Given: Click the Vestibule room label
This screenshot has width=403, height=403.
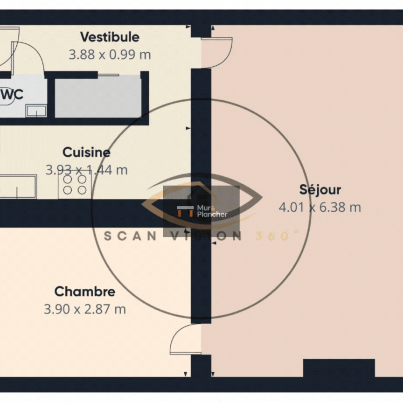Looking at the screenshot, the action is coord(110,37).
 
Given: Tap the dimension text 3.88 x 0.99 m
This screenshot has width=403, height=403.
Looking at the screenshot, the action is coord(110,55).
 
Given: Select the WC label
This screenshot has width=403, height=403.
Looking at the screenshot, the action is coord(12,94).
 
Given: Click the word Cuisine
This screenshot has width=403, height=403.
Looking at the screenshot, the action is coord(86,152).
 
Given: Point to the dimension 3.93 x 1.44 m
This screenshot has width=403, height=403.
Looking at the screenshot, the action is coord(86,170).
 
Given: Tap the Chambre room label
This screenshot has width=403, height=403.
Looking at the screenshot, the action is coord(85,292).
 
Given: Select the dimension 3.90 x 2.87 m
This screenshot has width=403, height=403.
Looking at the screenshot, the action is coord(85,309).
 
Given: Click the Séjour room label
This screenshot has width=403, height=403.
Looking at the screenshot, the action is coord(320,190).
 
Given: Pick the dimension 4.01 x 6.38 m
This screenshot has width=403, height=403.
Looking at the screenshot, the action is coord(320,207).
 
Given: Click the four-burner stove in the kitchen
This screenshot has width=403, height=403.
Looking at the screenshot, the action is coord(75,185).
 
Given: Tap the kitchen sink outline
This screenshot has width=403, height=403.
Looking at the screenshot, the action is coord(18,187).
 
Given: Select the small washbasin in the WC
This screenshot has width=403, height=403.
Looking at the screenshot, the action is coord(36,111).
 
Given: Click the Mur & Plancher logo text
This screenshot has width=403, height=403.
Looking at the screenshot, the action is coord(212,211).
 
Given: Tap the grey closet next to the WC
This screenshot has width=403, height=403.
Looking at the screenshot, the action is coord(98,97).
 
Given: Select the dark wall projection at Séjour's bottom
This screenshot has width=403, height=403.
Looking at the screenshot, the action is coord(339,368).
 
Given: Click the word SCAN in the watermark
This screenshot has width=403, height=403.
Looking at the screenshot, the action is coord(130,236).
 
